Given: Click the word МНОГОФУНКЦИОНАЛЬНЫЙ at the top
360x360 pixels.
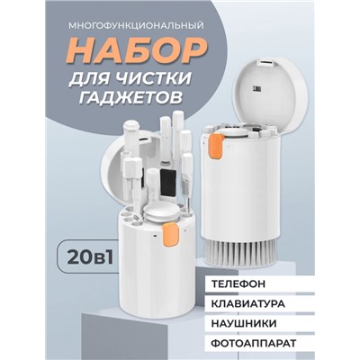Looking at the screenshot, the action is click(x=136, y=25).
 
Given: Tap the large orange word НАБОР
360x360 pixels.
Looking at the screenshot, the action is click(x=137, y=49).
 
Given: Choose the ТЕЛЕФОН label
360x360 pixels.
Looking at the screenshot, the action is click(x=238, y=284).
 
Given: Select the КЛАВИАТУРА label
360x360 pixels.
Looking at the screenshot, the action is click(x=248, y=303).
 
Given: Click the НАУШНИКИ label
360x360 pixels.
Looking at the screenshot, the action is click(x=244, y=323).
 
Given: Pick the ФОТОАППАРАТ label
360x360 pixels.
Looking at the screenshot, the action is click(x=254, y=343).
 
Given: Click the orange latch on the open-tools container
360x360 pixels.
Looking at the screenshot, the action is click(x=170, y=234).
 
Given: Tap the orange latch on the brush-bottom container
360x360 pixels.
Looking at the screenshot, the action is click(x=216, y=146).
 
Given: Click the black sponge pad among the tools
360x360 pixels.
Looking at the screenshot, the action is click(x=167, y=183).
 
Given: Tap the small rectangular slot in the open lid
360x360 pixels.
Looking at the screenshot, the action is click(x=266, y=63).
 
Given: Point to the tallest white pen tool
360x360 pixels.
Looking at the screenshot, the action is click(x=178, y=132).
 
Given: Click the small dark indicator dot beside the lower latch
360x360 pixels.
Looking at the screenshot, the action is click(x=155, y=236).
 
